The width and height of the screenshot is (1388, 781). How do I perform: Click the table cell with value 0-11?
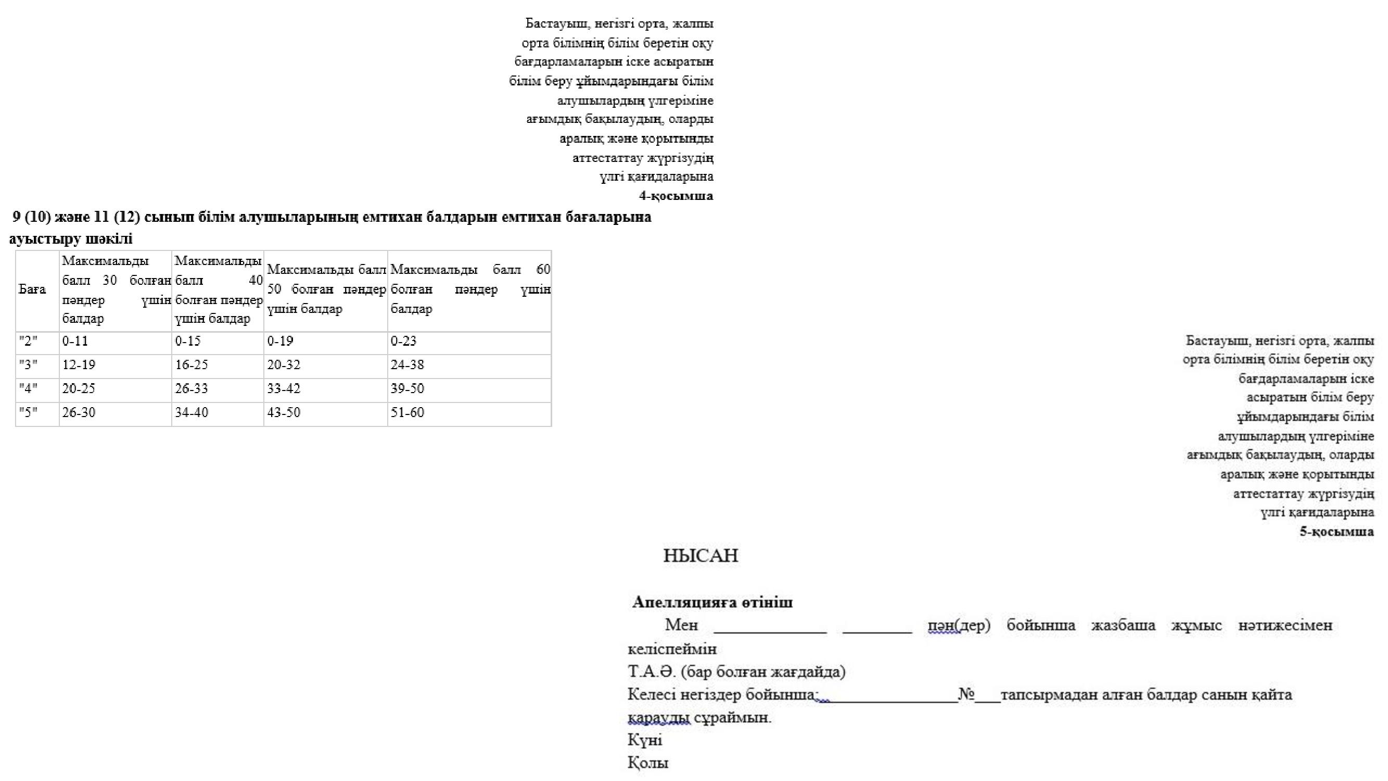pos(75,341)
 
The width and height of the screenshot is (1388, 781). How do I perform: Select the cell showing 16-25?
pos(192,365)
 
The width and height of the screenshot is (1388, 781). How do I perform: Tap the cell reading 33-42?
pos(284,388)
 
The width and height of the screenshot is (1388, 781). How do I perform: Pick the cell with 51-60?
pos(408,412)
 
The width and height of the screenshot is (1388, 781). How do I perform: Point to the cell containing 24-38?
pos(408,365)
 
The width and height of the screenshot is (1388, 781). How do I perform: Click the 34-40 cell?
pos(192,412)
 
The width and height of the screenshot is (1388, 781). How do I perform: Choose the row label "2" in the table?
pos(28,341)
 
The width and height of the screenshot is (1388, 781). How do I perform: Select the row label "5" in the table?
pos(28,412)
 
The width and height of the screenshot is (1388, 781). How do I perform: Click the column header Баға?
pos(32,289)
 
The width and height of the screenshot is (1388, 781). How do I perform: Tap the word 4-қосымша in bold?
pos(676,196)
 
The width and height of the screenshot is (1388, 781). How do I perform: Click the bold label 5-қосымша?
pos(1336,532)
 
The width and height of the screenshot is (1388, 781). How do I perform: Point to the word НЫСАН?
pos(701,556)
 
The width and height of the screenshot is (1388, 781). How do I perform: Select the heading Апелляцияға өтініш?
pos(712,602)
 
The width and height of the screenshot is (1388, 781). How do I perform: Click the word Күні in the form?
pos(645,740)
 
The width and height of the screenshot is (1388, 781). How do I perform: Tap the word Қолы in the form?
pos(648,763)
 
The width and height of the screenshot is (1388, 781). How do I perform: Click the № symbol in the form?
pos(966,694)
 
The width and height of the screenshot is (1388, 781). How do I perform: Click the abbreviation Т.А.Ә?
pos(652,672)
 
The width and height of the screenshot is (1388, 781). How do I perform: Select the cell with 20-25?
pos(79,388)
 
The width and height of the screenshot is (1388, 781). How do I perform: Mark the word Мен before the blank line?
pos(682,625)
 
